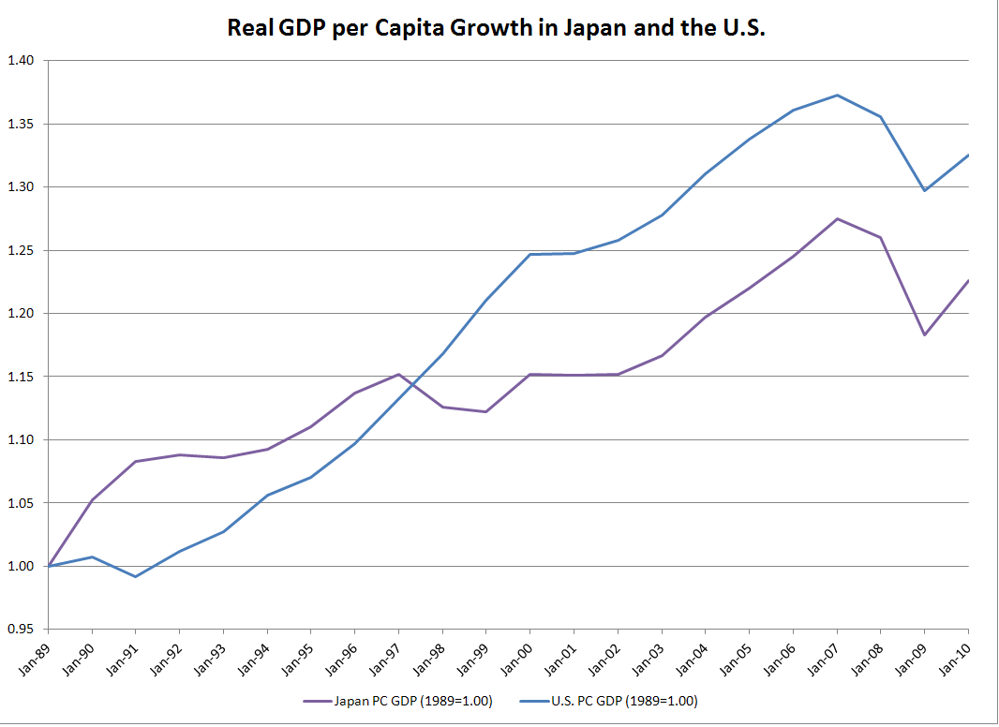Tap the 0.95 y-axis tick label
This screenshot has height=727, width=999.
coord(21,630)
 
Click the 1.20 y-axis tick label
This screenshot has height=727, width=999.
coord(21,314)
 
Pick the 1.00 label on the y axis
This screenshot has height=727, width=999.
coord(21,566)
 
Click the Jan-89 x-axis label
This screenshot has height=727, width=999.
coord(36,655)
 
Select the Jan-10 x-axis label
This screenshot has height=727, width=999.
coord(957,655)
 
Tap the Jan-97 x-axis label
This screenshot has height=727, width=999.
coord(386,655)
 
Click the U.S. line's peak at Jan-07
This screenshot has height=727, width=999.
coord(837,95)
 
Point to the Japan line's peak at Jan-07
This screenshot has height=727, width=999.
coord(837,218)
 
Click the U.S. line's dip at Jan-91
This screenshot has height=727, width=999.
coord(135,576)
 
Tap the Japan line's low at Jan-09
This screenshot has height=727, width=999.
coord(925,334)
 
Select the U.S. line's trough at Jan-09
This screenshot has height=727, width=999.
coord(925,190)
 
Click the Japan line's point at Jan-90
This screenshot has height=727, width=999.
coord(91,500)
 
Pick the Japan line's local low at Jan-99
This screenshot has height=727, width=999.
coord(486,411)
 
